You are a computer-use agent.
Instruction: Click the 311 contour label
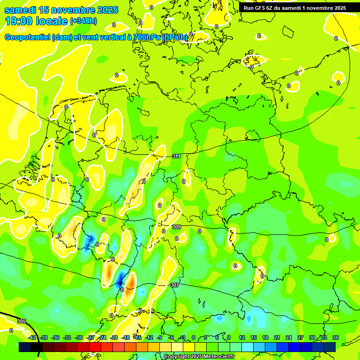(x=176, y=156)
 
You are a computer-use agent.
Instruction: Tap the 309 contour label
(x=176, y=227)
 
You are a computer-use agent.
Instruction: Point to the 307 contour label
(x=174, y=285)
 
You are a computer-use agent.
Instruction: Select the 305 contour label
(x=21, y=321)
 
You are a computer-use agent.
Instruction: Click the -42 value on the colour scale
(x=32, y=337)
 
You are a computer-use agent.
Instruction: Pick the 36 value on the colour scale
(x=335, y=337)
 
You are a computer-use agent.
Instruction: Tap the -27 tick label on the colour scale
(x=90, y=337)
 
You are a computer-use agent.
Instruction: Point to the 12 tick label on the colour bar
(x=242, y=337)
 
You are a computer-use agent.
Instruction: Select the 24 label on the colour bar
(x=288, y=337)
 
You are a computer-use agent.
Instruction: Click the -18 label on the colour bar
(x=126, y=337)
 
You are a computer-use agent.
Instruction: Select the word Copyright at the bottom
(x=178, y=357)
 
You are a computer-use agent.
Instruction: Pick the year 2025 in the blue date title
(x=105, y=10)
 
